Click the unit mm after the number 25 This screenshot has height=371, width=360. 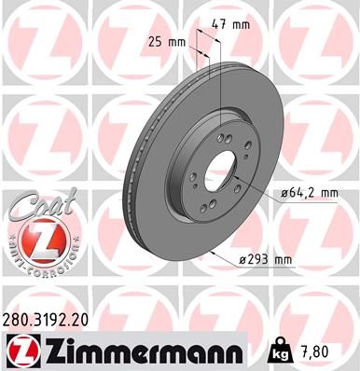[176, 42]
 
